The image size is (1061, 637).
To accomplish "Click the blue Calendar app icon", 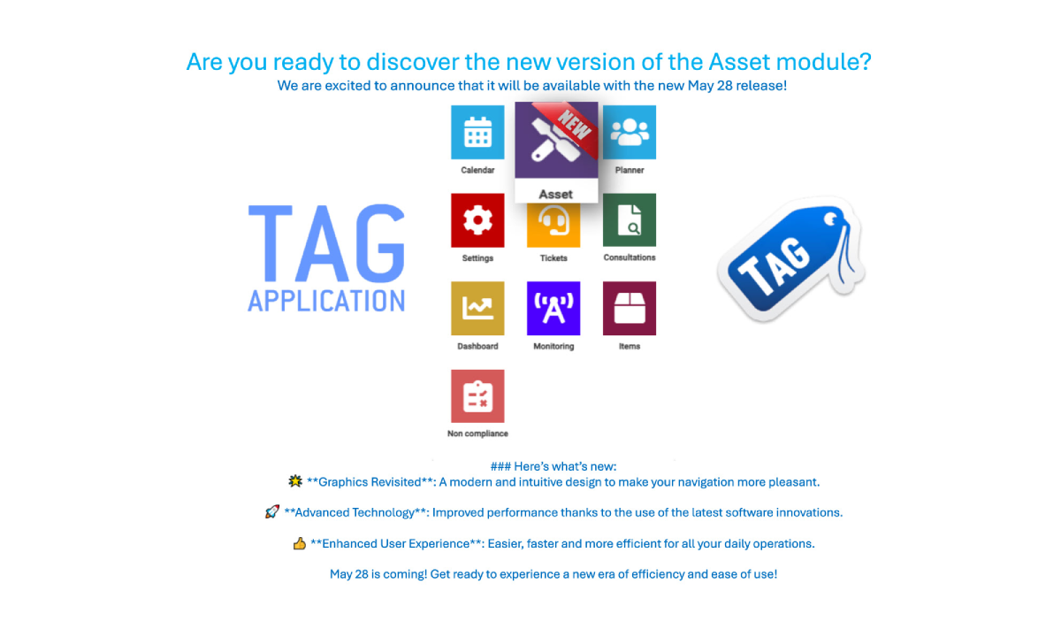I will point(477,132).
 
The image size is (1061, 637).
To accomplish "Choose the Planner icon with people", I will point(630,132).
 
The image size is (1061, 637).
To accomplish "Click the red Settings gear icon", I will point(477,220).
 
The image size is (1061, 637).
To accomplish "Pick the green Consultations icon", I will point(630,220).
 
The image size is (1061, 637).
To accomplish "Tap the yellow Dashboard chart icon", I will point(477,309).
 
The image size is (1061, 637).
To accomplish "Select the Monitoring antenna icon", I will point(553,309).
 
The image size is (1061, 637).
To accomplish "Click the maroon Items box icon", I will point(630,309).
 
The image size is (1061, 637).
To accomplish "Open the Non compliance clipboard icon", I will point(477,396).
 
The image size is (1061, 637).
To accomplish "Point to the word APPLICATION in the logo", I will point(326,299).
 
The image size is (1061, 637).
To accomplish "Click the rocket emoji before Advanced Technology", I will point(272,512).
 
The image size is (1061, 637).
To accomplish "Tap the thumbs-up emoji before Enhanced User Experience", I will point(300,543).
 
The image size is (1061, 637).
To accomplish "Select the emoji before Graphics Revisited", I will point(295,482).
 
